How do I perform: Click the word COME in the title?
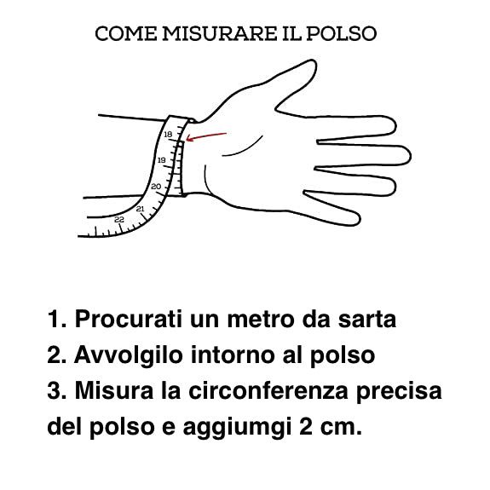point(126,34)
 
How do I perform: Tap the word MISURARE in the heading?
point(220,34)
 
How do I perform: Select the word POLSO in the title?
point(341,34)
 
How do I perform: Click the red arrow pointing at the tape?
point(206,137)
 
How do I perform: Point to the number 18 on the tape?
point(168,135)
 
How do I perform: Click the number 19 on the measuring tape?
point(162,160)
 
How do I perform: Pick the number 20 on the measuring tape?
point(156,187)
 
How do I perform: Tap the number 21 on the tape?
point(141,209)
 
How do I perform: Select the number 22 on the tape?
point(119,220)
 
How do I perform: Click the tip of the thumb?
point(313,61)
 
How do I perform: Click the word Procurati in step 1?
point(128,320)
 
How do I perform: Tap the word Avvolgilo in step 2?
point(129,356)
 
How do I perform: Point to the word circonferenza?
point(268,390)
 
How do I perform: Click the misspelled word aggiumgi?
point(237,428)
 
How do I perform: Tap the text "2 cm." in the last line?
point(331,427)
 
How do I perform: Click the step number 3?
point(56,390)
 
